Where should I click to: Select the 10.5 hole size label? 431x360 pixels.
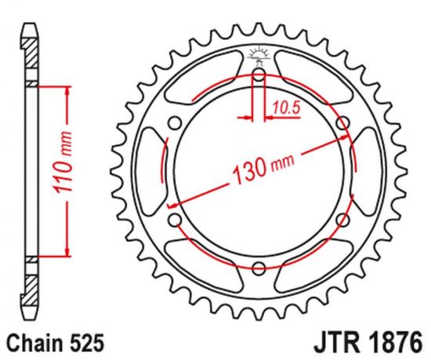point(288,107)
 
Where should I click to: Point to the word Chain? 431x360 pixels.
point(34,342)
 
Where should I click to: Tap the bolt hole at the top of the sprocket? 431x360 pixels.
point(259,75)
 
